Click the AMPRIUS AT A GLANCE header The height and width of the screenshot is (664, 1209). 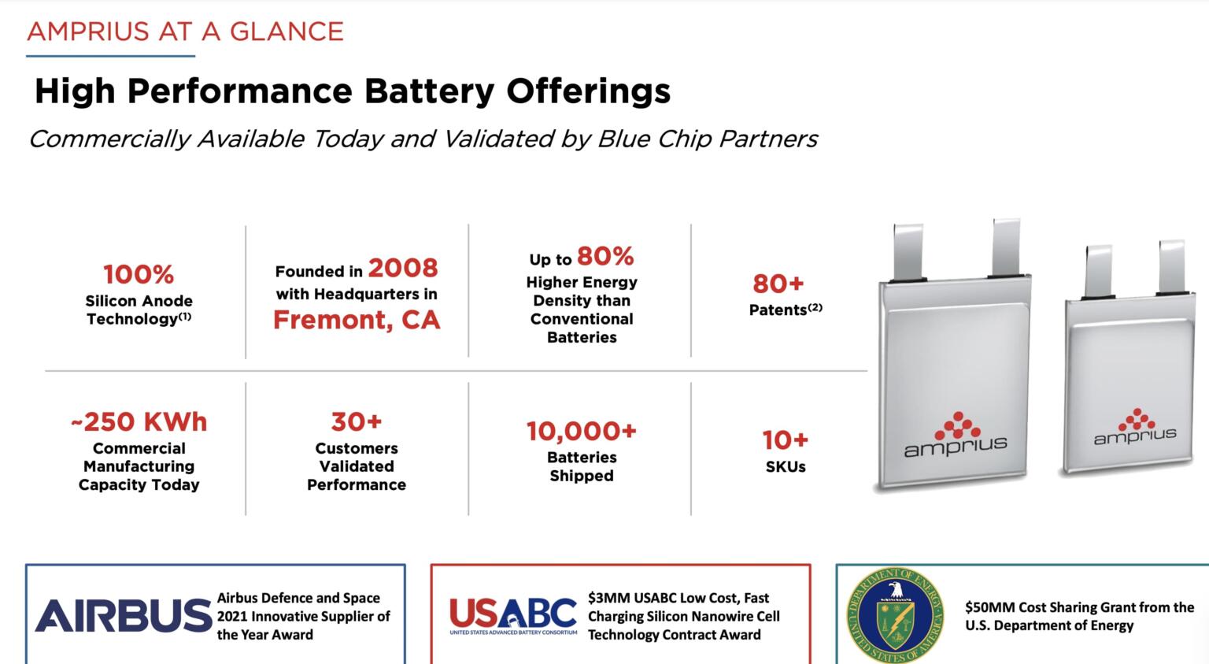click(x=185, y=32)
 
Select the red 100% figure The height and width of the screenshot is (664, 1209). click(x=139, y=274)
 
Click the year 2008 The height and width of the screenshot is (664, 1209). click(x=402, y=268)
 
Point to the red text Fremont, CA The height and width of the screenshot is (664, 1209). click(x=357, y=320)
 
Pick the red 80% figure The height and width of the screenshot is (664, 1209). click(x=605, y=256)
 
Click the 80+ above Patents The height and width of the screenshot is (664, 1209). click(x=778, y=284)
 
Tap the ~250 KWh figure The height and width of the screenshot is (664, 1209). click(x=139, y=422)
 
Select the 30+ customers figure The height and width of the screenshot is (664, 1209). click(x=357, y=422)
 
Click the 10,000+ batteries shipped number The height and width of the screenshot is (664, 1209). click(x=582, y=432)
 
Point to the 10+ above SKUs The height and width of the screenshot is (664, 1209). click(x=785, y=440)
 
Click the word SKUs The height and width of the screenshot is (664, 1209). click(x=786, y=467)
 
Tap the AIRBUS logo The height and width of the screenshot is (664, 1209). click(x=123, y=616)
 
